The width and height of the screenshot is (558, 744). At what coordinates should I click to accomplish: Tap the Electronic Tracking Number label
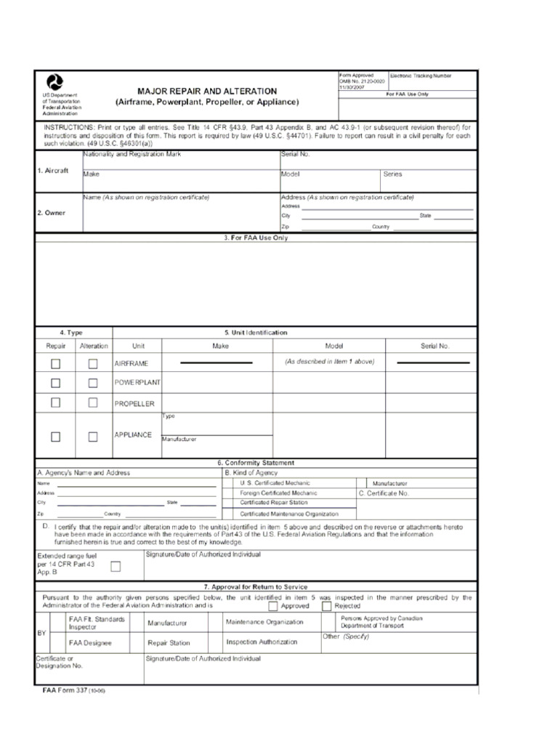pyautogui.click(x=421, y=76)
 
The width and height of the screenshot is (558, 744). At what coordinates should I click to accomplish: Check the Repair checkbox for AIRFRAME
pyautogui.click(x=56, y=363)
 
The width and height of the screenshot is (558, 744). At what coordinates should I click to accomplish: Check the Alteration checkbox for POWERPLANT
pyautogui.click(x=93, y=383)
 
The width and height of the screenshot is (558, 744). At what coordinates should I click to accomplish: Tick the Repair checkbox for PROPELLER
pyautogui.click(x=56, y=403)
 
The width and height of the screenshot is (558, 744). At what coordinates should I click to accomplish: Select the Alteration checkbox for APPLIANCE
pyautogui.click(x=93, y=437)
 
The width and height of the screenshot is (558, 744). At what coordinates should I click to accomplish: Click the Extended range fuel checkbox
pyautogui.click(x=115, y=566)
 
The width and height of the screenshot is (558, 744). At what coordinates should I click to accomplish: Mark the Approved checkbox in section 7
pyautogui.click(x=272, y=605)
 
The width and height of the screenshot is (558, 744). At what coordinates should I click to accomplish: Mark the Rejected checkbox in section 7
pyautogui.click(x=326, y=605)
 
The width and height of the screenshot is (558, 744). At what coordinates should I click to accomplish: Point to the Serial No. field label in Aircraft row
pyautogui.click(x=295, y=155)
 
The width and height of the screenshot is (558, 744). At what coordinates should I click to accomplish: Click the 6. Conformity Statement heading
pyautogui.click(x=256, y=463)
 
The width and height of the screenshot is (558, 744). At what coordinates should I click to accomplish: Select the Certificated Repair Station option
pyautogui.click(x=274, y=503)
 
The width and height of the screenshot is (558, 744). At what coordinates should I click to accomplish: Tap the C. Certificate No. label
pyautogui.click(x=384, y=493)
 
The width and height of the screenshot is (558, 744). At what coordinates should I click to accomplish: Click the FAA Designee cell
pyautogui.click(x=90, y=643)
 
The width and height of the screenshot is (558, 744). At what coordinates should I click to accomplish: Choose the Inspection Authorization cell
pyautogui.click(x=262, y=642)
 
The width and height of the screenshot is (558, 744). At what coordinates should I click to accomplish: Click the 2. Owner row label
pyautogui.click(x=52, y=213)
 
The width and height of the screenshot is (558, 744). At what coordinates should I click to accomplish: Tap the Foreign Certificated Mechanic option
pyautogui.click(x=278, y=493)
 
